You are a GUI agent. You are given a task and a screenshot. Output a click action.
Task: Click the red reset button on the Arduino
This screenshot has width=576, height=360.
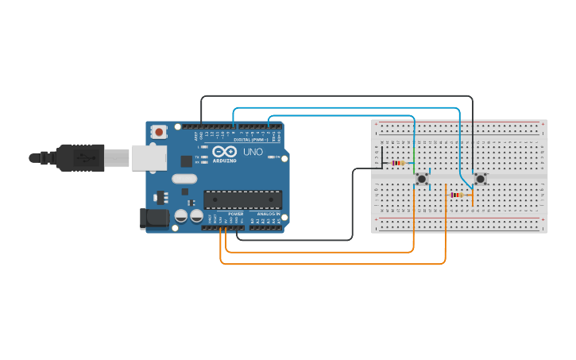159,131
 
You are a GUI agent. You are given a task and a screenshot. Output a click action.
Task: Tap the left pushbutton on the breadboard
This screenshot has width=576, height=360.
422,180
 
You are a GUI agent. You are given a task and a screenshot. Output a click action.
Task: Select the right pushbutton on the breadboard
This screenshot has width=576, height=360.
480,180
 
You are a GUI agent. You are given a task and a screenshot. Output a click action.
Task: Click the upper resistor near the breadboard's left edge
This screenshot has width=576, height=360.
396,164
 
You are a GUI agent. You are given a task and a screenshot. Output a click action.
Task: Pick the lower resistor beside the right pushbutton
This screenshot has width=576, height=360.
457,195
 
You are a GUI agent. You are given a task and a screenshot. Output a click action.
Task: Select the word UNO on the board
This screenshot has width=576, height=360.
253,152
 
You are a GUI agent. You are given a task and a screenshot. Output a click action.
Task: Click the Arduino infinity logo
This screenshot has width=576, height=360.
224,151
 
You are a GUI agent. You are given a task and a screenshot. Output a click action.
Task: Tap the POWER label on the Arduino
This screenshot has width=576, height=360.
236,215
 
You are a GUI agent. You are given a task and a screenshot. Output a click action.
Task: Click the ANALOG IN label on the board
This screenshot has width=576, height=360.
268,215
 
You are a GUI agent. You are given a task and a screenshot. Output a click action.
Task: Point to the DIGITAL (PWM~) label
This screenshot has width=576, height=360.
253,140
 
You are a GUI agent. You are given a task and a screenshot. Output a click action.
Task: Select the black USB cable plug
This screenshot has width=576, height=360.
79,157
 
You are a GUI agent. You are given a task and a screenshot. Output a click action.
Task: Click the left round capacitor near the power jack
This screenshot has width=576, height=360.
181,215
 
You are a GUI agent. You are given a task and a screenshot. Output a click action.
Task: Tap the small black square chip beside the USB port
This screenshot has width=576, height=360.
186,161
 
